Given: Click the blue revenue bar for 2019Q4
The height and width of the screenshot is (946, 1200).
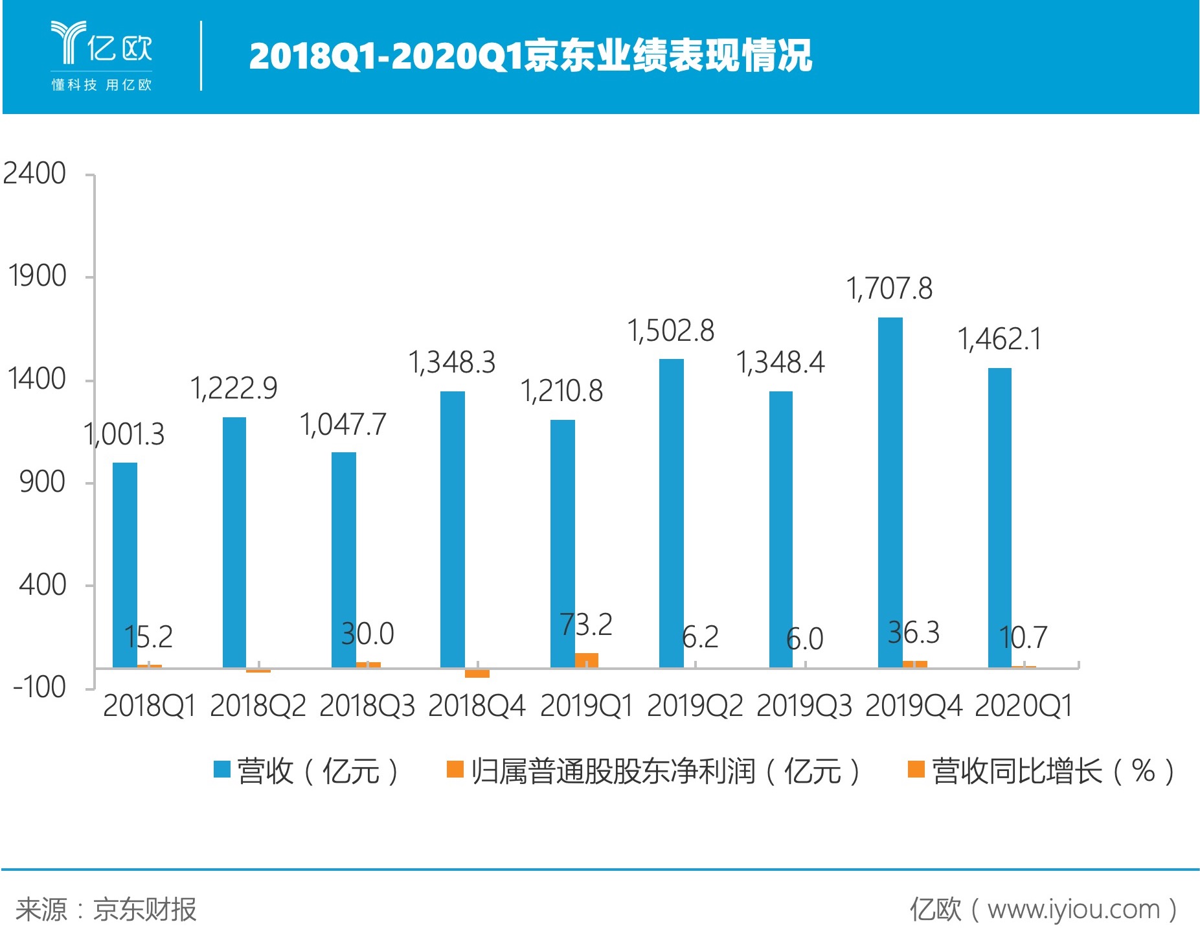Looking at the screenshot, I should (x=890, y=492).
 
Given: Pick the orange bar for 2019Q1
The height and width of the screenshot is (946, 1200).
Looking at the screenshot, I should (x=587, y=660).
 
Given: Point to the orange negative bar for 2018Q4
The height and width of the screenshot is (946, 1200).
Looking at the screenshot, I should (x=477, y=673).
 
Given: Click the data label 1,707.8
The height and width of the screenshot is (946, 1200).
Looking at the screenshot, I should (x=889, y=289).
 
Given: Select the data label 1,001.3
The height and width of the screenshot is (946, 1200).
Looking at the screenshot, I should (x=124, y=434).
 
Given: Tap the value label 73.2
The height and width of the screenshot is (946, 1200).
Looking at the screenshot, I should (x=587, y=625).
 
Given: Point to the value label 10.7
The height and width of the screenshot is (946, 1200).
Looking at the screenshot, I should (x=1023, y=638).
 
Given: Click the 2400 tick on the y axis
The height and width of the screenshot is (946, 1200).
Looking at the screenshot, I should (x=35, y=174).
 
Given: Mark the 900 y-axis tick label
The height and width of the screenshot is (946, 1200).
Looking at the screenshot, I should (x=42, y=482).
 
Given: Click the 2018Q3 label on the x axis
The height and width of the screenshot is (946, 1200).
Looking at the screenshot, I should (x=367, y=706).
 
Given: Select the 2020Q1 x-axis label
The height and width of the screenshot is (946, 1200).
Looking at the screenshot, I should (x=1023, y=706).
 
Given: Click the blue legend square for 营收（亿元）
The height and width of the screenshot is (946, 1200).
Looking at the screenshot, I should (x=222, y=770).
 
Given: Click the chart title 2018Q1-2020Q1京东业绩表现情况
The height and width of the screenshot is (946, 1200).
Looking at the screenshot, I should (x=530, y=56).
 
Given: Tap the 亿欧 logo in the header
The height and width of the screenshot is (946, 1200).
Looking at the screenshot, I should (x=102, y=56).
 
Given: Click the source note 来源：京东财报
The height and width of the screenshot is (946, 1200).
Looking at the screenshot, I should (x=106, y=910).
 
